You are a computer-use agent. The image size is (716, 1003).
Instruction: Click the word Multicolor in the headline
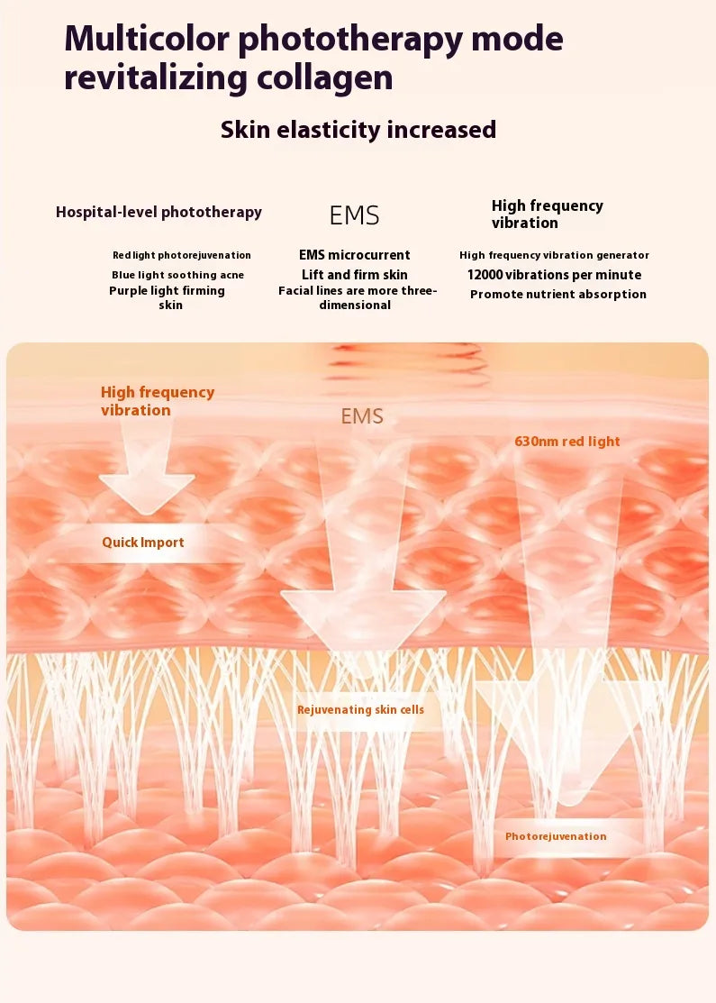tap(146, 40)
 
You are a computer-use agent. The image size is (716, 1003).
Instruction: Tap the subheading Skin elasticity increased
tap(358, 130)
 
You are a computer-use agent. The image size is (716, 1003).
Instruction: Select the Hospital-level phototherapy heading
tap(159, 213)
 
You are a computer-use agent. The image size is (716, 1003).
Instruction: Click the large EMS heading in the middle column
tap(354, 216)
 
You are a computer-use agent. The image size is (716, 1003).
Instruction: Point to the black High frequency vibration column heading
tap(547, 214)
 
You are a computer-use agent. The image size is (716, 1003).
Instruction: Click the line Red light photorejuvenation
tap(182, 256)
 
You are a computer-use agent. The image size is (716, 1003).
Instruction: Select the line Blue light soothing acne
tap(177, 275)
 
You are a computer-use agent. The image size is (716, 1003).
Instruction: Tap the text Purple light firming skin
tap(168, 298)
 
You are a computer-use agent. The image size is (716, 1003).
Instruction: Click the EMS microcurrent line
tap(354, 255)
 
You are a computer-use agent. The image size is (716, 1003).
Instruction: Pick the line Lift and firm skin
tap(354, 275)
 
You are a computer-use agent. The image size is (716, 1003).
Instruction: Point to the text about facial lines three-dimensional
tap(357, 298)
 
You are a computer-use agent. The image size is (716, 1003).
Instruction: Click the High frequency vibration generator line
tap(554, 256)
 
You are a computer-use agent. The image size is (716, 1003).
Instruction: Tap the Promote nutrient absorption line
tap(557, 295)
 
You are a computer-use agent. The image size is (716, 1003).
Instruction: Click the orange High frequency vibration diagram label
tap(158, 401)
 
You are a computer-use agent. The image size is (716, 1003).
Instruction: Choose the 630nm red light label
tap(566, 442)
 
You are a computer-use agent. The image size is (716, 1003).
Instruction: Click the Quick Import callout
tap(142, 543)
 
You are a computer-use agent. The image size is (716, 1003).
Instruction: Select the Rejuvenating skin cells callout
tap(360, 710)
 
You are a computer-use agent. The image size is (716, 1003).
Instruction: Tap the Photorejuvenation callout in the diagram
tap(555, 836)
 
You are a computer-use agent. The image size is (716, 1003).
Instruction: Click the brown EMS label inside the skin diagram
tap(362, 416)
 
